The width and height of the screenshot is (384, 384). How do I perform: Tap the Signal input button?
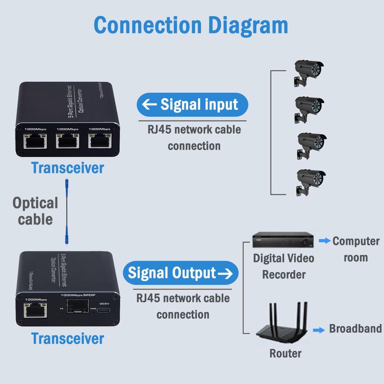coord(192,105)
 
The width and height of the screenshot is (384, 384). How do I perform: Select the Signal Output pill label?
coord(180,273)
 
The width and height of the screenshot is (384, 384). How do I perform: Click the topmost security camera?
coord(308,73)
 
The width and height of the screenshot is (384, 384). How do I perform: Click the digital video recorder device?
coord(283,241)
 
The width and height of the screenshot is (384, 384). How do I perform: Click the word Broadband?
coord(355,328)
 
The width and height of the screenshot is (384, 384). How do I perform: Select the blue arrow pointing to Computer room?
coord(324,241)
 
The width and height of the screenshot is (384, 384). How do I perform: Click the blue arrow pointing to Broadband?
coord(319,330)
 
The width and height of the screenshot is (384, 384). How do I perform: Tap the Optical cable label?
coord(35,211)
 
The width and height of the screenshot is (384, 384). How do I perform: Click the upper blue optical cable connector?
coord(66,186)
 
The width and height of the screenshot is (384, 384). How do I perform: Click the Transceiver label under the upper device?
coord(68,167)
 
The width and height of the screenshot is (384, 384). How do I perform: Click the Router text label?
coord(285,353)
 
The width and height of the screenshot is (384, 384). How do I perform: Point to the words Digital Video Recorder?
coord(283,266)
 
